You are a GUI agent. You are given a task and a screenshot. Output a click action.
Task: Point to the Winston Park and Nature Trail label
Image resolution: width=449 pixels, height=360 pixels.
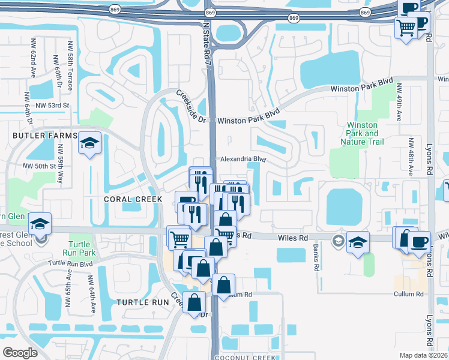pos(363,133)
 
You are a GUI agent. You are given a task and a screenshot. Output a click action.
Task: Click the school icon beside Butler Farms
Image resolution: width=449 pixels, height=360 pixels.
pos(89,143)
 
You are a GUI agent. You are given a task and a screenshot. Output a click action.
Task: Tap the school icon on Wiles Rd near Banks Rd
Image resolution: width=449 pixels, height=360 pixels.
pos(358,243)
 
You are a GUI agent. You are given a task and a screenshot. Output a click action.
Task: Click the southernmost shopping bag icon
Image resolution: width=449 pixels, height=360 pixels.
pos(194,304)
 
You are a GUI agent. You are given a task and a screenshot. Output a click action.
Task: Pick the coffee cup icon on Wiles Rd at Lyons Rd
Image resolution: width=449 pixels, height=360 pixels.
pos(419,242)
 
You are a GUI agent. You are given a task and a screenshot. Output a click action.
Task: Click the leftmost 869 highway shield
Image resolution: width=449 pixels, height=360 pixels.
pos(115,11)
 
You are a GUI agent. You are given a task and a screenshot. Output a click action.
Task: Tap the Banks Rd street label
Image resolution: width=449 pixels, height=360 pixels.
pos(315,257)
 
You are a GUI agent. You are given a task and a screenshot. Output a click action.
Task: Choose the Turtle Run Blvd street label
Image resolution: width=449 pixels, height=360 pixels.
pos(71,263)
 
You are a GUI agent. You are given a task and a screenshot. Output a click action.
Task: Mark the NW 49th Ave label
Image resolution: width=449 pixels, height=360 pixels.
pos(400,103)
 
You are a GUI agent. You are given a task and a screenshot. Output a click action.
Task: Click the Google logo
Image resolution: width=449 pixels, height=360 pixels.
pos(20,352)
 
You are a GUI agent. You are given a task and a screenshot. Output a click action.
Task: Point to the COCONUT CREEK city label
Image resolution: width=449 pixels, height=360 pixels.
pos(247,356)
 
